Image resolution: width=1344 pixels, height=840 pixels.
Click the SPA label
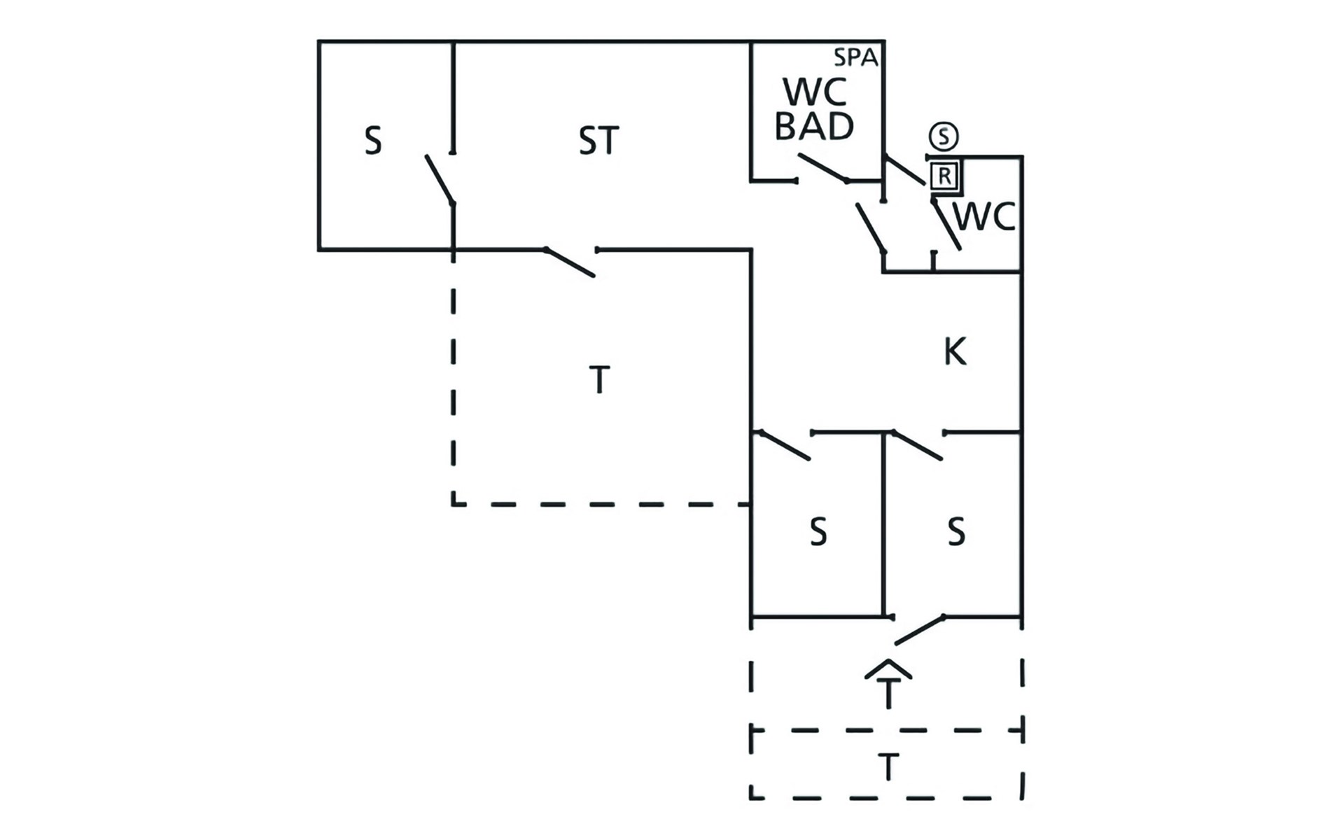855,57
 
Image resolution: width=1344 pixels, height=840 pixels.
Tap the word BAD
815,127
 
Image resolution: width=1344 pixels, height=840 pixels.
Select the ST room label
598,141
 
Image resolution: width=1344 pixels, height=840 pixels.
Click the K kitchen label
955,351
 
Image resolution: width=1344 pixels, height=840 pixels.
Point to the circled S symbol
944,136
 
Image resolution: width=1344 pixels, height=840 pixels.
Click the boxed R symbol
945,176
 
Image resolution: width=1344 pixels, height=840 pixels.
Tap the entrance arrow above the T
888,668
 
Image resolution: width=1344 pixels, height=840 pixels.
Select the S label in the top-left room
373,141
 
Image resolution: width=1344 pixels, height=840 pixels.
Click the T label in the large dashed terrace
599,380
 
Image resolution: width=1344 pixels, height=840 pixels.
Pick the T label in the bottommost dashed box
888,767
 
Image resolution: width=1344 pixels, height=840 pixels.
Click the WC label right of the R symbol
984,217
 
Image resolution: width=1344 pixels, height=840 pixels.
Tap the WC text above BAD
815,92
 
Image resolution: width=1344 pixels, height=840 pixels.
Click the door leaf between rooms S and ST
440,180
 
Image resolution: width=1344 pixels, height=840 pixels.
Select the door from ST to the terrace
570,262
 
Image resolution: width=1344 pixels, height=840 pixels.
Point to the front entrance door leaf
920,630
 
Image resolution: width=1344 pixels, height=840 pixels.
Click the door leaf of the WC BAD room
823,167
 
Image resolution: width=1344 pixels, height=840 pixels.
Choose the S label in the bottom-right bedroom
956,532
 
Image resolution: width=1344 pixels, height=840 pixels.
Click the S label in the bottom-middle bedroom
818,532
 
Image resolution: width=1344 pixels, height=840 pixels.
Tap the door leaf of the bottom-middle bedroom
785,446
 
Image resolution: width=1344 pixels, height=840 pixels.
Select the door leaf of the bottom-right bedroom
917,446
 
